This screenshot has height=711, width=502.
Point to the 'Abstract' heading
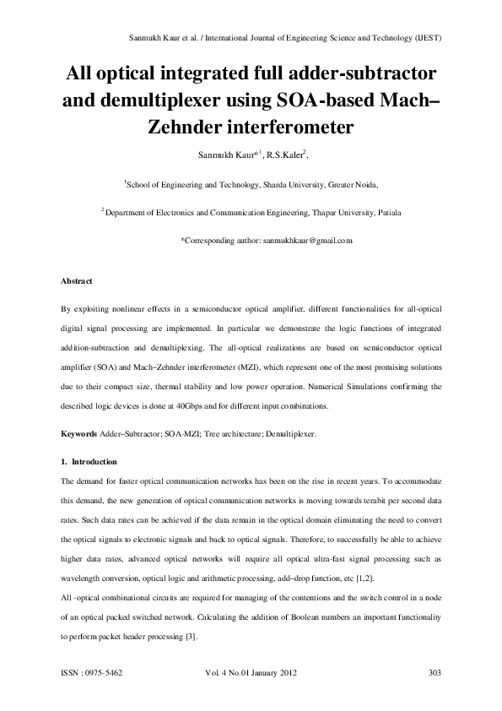click(77, 280)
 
